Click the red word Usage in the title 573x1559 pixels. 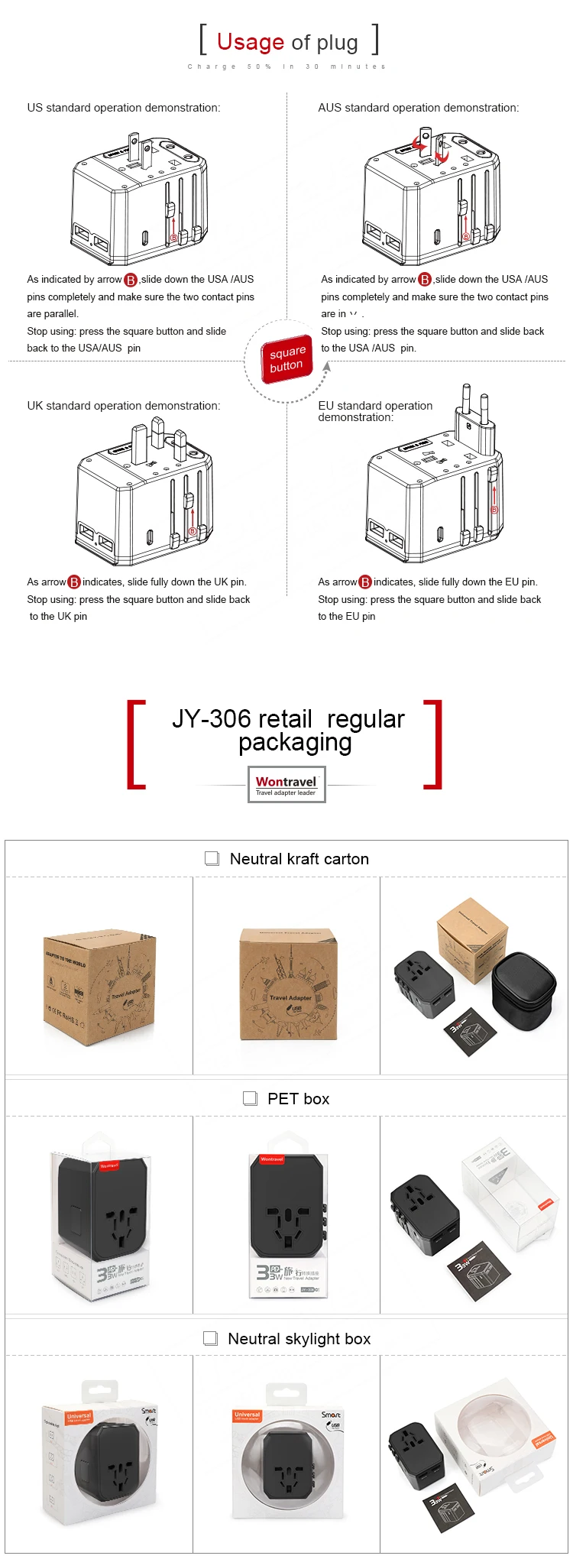(x=250, y=41)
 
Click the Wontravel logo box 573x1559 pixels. (x=286, y=784)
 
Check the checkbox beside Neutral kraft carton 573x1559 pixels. (x=212, y=858)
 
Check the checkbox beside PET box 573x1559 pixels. (x=250, y=1098)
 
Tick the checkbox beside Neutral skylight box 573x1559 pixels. (x=210, y=1338)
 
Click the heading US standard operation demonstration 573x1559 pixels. (x=124, y=108)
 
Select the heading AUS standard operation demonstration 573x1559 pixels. (x=418, y=108)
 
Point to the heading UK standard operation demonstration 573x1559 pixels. (x=124, y=406)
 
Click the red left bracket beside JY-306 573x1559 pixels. (x=135, y=744)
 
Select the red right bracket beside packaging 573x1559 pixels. (x=433, y=744)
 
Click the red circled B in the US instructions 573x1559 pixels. (x=131, y=280)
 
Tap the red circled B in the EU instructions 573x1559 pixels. (x=365, y=582)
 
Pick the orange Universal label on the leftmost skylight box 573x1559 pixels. (x=79, y=1416)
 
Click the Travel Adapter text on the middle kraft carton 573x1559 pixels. (x=290, y=997)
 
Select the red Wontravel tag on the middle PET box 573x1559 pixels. (x=272, y=1159)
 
